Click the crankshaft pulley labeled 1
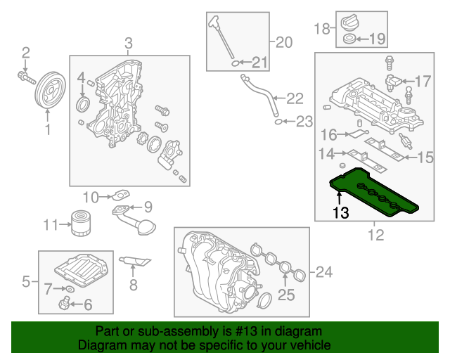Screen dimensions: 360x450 pos(48,89)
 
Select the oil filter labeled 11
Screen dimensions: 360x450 pos(78,223)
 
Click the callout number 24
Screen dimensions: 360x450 pos(323,271)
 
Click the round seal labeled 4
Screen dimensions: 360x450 pos(83,105)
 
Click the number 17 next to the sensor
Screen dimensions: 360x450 pos(423,82)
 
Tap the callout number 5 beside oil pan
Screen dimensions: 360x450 pos(26,282)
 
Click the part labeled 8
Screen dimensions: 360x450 pos(136,263)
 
